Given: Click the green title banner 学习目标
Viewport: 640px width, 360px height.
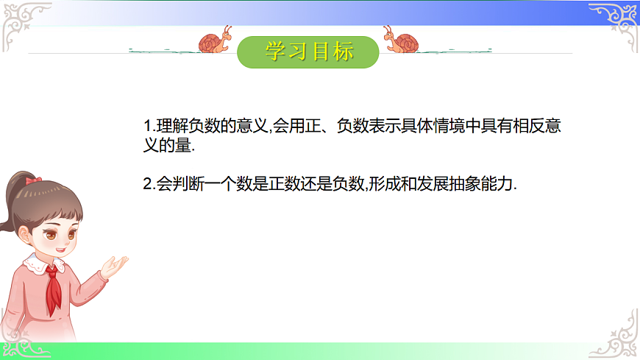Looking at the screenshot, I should pos(308,51).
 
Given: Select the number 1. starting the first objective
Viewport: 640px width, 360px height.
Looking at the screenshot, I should pos(149,126).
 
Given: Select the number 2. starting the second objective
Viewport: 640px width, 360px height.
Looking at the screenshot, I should pos(149,185).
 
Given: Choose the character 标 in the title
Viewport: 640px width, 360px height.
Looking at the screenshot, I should pos(342,51).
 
